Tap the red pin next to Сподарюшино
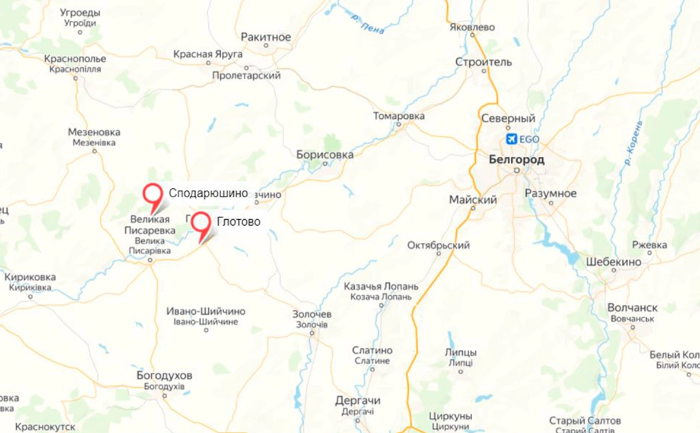pos(153,194)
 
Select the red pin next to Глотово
pos(202,222)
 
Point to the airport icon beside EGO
pos(511,139)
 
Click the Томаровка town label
pos(399,116)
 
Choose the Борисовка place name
pos(325,155)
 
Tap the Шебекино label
pos(613,262)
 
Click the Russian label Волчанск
pos(632,308)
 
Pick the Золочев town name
pos(312,314)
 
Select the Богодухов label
pos(164,376)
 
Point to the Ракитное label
pos(266,37)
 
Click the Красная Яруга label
pos(208,54)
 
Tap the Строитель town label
pos(483,62)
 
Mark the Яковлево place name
pos(472,27)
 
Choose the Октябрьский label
pos(439,245)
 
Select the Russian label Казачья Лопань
pos(381,286)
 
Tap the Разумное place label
pos(551,194)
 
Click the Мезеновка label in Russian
pos(94,132)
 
